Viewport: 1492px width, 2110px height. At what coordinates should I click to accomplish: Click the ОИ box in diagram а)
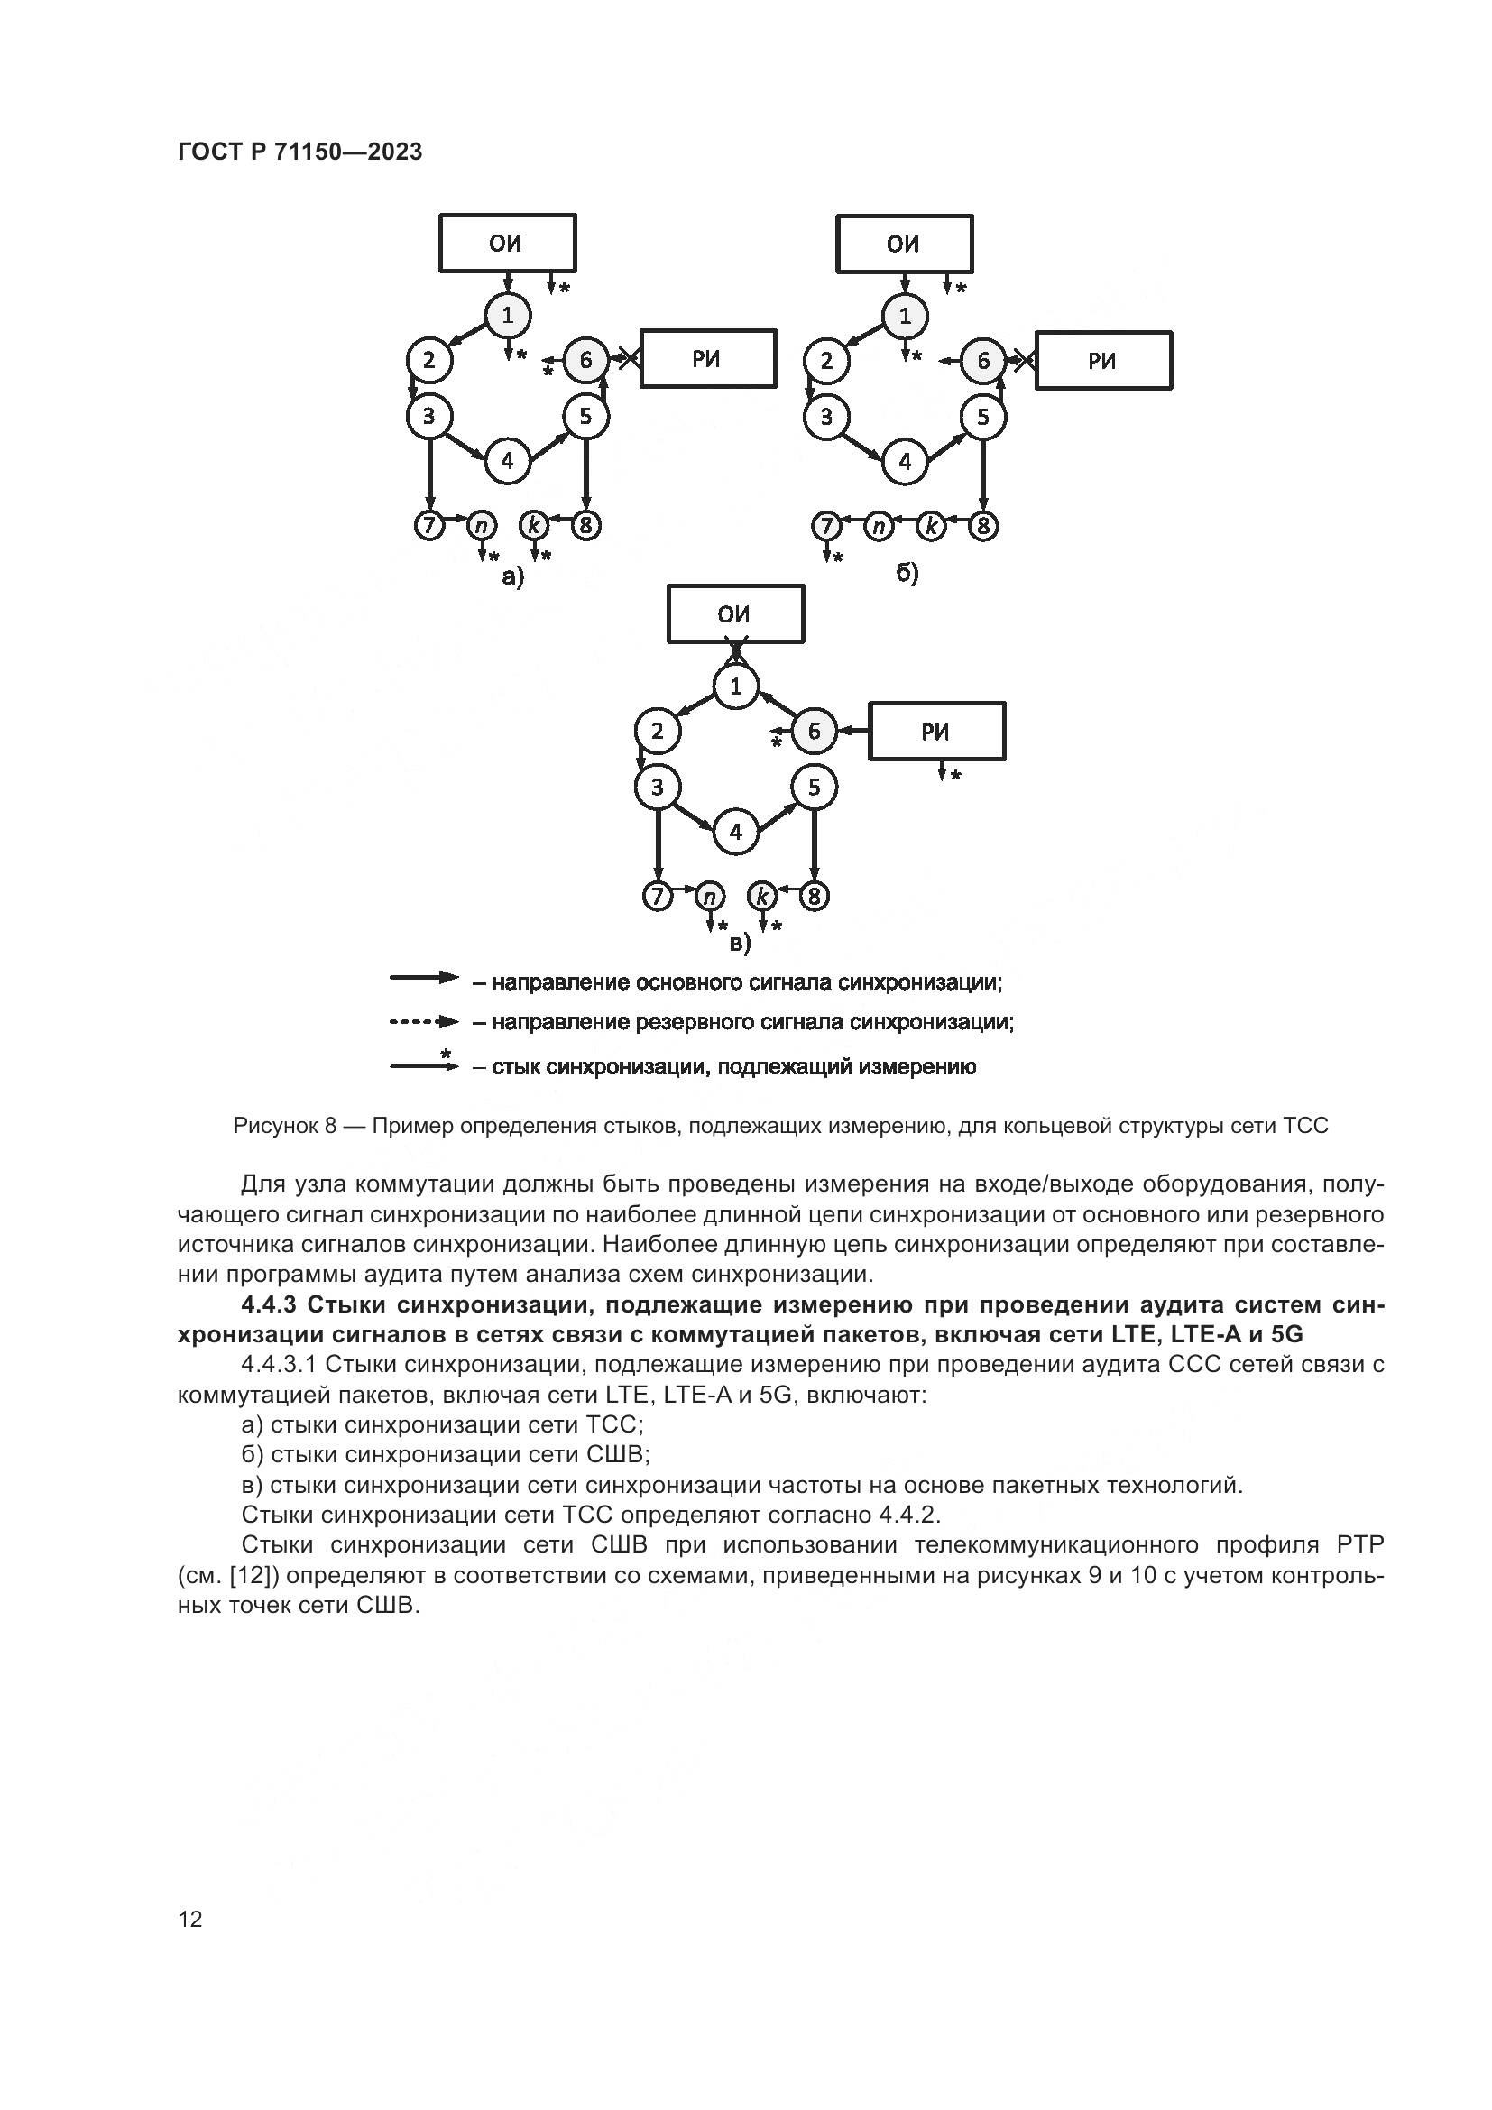(x=507, y=243)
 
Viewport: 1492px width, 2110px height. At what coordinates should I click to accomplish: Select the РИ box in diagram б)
(x=1102, y=360)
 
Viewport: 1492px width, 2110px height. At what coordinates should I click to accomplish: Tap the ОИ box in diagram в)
(x=735, y=614)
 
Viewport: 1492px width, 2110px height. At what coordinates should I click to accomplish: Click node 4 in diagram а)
(x=507, y=459)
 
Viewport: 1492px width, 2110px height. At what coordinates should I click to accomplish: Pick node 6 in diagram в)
(x=813, y=732)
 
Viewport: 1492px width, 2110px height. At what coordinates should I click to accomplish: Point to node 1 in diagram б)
(x=905, y=316)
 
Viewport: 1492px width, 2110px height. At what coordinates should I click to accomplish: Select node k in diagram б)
(x=932, y=527)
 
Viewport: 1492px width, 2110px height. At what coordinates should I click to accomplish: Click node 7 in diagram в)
(x=657, y=896)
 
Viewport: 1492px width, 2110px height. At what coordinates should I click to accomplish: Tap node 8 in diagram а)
(x=586, y=527)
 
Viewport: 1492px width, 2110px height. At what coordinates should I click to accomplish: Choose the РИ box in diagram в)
(x=937, y=732)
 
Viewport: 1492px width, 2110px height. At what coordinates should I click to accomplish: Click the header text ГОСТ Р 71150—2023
(x=299, y=152)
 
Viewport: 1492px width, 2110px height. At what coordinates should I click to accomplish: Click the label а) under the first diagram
(x=511, y=577)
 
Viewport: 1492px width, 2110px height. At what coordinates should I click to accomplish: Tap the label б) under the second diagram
(x=907, y=575)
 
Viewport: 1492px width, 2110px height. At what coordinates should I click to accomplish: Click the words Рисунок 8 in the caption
(x=285, y=1126)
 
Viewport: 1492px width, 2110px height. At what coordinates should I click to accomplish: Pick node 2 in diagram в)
(x=657, y=732)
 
